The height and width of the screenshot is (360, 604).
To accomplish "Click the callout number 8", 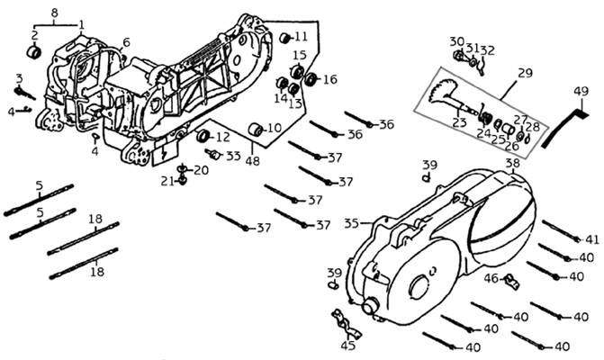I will (x=56, y=12).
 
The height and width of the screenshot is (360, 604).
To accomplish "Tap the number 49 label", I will (x=581, y=90).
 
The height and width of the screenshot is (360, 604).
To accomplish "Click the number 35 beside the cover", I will (x=352, y=222).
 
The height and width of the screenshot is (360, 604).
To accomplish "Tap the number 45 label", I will (x=347, y=344).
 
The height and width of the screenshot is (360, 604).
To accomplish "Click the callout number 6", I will (x=126, y=41).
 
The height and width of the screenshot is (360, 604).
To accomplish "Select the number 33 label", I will (x=234, y=156).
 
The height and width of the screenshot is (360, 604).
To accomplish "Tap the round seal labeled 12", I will (x=203, y=137).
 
